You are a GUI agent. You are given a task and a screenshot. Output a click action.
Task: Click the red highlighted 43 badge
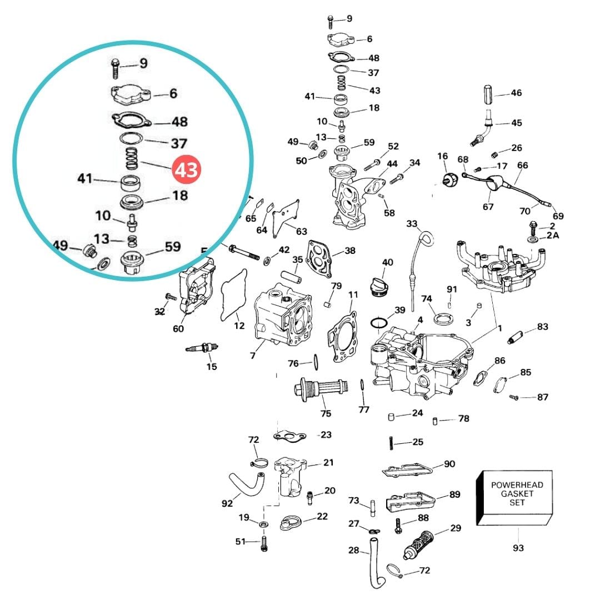click(186, 170)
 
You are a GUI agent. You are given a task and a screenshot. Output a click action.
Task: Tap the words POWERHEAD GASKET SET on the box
click(517, 493)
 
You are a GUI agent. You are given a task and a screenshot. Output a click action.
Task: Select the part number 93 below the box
click(518, 548)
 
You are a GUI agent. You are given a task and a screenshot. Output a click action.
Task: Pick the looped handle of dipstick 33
click(426, 239)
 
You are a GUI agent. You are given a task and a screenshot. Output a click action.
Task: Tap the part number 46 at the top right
click(516, 93)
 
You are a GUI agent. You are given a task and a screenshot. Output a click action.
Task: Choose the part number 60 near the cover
click(178, 328)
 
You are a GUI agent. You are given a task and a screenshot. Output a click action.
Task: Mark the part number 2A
click(553, 236)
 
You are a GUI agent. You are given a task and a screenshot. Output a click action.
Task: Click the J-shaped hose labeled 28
click(373, 561)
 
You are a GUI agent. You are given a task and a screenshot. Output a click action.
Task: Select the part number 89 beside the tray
click(455, 494)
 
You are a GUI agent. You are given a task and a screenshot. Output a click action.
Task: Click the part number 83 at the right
click(542, 327)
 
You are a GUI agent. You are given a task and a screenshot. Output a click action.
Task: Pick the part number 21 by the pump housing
click(328, 463)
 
